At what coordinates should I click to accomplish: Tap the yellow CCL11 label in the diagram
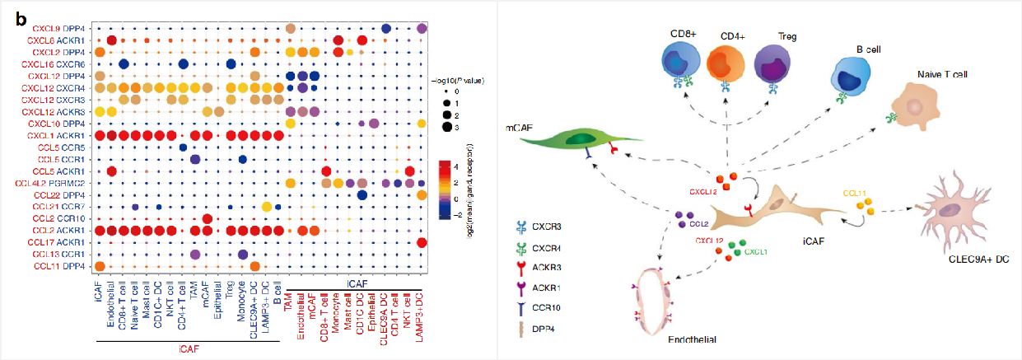point(855,193)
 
